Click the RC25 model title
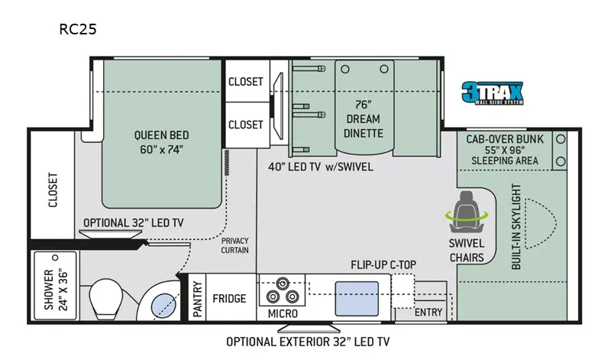(78, 29)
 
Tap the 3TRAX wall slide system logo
(493, 92)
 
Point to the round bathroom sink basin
(163, 306)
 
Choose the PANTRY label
(198, 299)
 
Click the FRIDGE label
(229, 299)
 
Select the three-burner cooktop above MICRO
(282, 290)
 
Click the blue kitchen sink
(357, 299)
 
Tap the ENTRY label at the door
(428, 313)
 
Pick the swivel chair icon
(467, 212)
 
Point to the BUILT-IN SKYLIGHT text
(516, 226)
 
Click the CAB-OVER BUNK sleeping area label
(505, 150)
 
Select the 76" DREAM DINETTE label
(364, 119)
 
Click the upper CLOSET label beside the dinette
(245, 82)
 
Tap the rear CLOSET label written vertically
(53, 190)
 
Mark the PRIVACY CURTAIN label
(234, 245)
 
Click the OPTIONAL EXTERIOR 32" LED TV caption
(308, 342)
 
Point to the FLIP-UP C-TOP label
(383, 264)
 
